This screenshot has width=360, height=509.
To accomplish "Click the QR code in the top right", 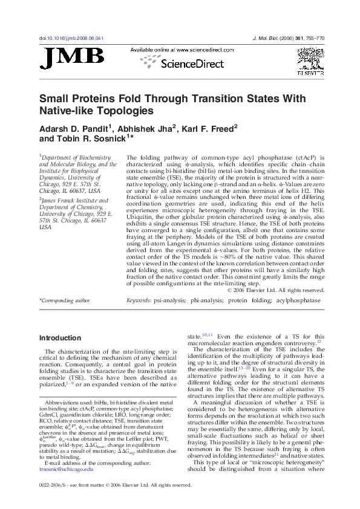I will pos(310,61).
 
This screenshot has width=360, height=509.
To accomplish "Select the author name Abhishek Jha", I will pos(145,128).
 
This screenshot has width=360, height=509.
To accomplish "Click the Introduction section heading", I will pos(60,338).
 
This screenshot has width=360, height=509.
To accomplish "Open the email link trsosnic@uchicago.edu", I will pos(66,485).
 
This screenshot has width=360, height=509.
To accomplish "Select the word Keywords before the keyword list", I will pos(139,300).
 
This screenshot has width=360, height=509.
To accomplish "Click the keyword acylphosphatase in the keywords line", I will pos(298,300).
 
